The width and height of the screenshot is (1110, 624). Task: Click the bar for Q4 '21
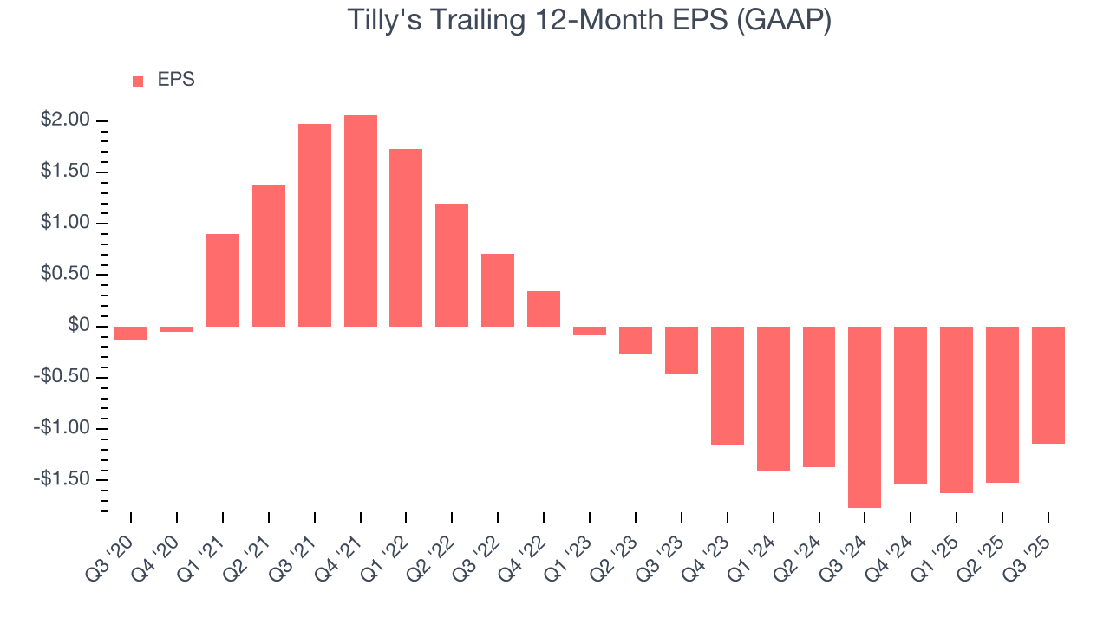[361, 221]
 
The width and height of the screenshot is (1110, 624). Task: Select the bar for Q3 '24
[865, 417]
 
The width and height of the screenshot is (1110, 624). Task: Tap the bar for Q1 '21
[223, 280]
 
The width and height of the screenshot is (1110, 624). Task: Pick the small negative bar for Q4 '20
[177, 329]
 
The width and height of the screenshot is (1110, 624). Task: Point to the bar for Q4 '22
[544, 309]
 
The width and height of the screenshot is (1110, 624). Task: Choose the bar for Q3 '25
[1048, 385]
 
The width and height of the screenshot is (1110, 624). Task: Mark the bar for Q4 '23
[728, 386]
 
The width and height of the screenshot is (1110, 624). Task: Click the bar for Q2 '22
[452, 265]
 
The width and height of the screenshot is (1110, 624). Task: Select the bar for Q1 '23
[590, 331]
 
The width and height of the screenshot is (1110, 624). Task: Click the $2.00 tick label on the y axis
[65, 120]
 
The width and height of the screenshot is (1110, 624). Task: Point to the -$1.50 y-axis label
[62, 479]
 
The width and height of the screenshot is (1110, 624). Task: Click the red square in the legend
[138, 81]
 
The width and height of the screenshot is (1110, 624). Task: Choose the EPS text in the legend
[176, 80]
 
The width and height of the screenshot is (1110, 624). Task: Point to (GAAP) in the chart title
[783, 21]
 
